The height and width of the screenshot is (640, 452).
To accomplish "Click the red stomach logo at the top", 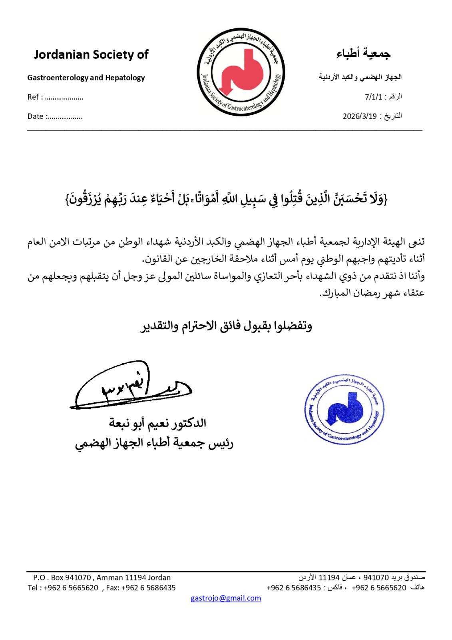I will pyautogui.click(x=241, y=72).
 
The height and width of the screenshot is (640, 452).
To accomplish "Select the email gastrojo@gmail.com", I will pyautogui.click(x=226, y=598).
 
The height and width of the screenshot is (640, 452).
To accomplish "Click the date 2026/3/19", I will pyautogui.click(x=360, y=116).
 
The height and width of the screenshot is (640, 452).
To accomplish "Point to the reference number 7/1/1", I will pyautogui.click(x=373, y=97).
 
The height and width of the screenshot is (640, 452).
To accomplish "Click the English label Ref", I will pyautogui.click(x=33, y=97).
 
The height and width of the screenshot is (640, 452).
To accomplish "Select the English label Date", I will pyautogui.click(x=35, y=116).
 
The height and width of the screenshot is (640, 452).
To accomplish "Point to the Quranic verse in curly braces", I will pyautogui.click(x=226, y=198).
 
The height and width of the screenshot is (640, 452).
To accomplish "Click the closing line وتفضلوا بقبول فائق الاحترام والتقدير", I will pyautogui.click(x=226, y=326).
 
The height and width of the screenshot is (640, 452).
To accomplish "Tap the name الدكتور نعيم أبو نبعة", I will pyautogui.click(x=157, y=423).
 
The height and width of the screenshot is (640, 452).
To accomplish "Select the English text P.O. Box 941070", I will pyautogui.click(x=62, y=578).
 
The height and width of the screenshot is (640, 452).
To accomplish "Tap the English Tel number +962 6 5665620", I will pyautogui.click(x=71, y=588).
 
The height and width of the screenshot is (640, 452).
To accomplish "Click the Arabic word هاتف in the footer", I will pyautogui.click(x=417, y=588).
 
